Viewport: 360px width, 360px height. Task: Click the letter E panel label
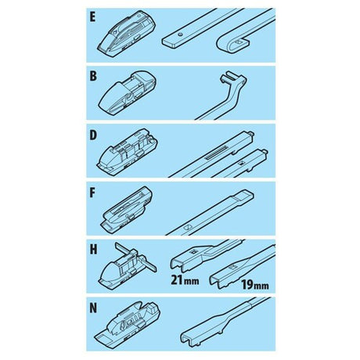(92, 17)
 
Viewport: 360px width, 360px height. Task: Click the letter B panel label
(93, 76)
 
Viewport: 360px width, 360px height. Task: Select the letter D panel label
(93, 135)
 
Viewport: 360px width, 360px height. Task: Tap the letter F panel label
(92, 193)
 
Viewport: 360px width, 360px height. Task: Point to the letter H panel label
(93, 250)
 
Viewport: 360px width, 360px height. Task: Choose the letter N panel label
(93, 308)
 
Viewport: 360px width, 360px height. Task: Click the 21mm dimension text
(185, 280)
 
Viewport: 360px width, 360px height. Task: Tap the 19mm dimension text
(254, 285)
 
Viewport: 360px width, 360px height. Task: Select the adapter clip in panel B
(127, 92)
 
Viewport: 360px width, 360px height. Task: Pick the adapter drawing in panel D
(127, 151)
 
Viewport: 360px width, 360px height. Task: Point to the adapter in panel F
(126, 209)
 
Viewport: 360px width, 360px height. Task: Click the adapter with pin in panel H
(128, 265)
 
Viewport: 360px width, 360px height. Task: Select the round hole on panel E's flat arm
(179, 34)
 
